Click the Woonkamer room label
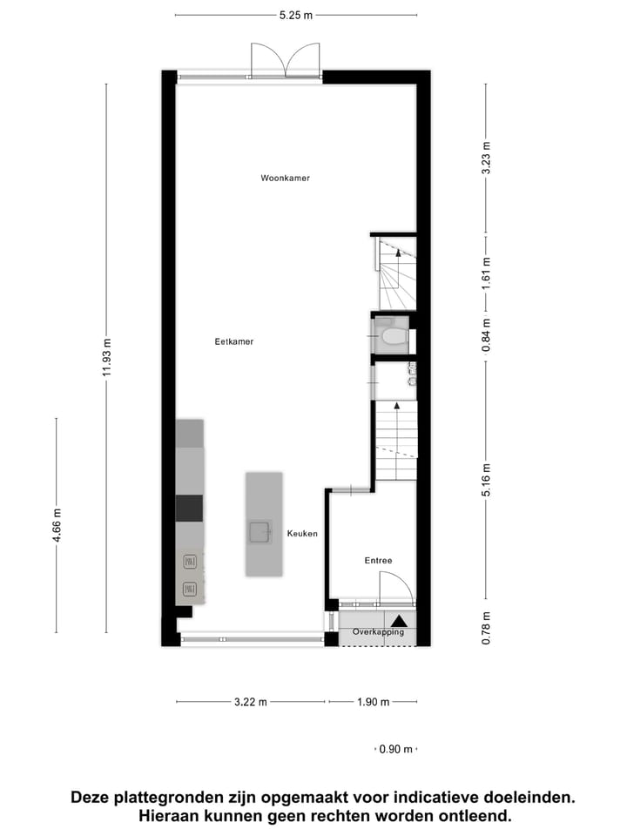285,178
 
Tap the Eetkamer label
234,342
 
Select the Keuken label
302,533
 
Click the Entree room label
378,562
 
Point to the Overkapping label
378,632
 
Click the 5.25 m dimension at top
296,15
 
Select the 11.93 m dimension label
106,357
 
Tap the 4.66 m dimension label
57,525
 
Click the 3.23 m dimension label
486,158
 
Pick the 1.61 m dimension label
486,273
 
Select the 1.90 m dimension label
373,702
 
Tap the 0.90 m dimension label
395,749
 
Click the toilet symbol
391,335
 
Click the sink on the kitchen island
260,532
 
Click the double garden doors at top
286,61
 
